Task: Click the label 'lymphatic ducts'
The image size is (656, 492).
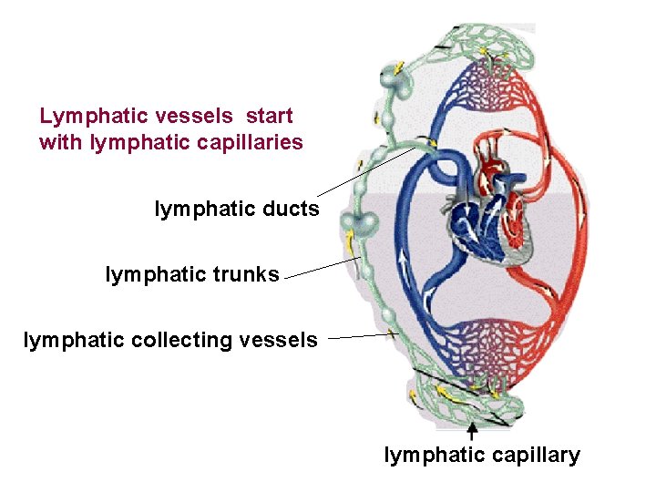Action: pyautogui.click(x=237, y=210)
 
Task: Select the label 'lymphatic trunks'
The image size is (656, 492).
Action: pyautogui.click(x=192, y=274)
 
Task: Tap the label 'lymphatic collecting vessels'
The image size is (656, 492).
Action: pyautogui.click(x=170, y=341)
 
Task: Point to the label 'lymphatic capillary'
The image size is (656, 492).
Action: pyautogui.click(x=482, y=456)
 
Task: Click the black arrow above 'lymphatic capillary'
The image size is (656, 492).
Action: pyautogui.click(x=471, y=430)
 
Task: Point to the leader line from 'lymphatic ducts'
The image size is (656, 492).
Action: pyautogui.click(x=364, y=173)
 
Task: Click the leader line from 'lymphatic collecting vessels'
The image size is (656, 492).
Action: pyautogui.click(x=359, y=336)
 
